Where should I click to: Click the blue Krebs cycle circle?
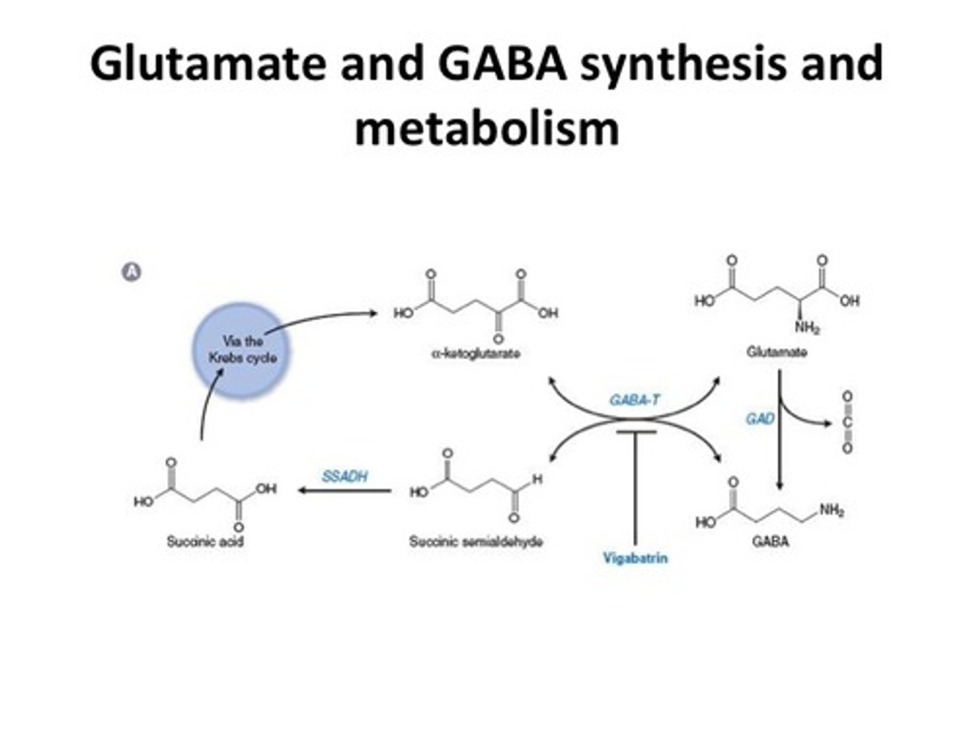[242, 351]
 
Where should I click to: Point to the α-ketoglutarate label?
[475, 353]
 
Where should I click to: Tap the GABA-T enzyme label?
[634, 399]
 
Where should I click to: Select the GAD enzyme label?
[760, 419]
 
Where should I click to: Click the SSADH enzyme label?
[345, 477]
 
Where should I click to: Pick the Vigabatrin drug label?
[634, 558]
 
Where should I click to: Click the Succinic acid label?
[205, 541]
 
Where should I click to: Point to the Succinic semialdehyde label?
[475, 541]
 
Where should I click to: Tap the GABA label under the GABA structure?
[771, 541]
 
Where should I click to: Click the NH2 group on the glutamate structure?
[806, 328]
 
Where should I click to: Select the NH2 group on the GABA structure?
[831, 510]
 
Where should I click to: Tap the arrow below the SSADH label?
[345, 491]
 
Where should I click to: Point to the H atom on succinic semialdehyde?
[537, 479]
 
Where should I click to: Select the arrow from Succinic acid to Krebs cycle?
[207, 406]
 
